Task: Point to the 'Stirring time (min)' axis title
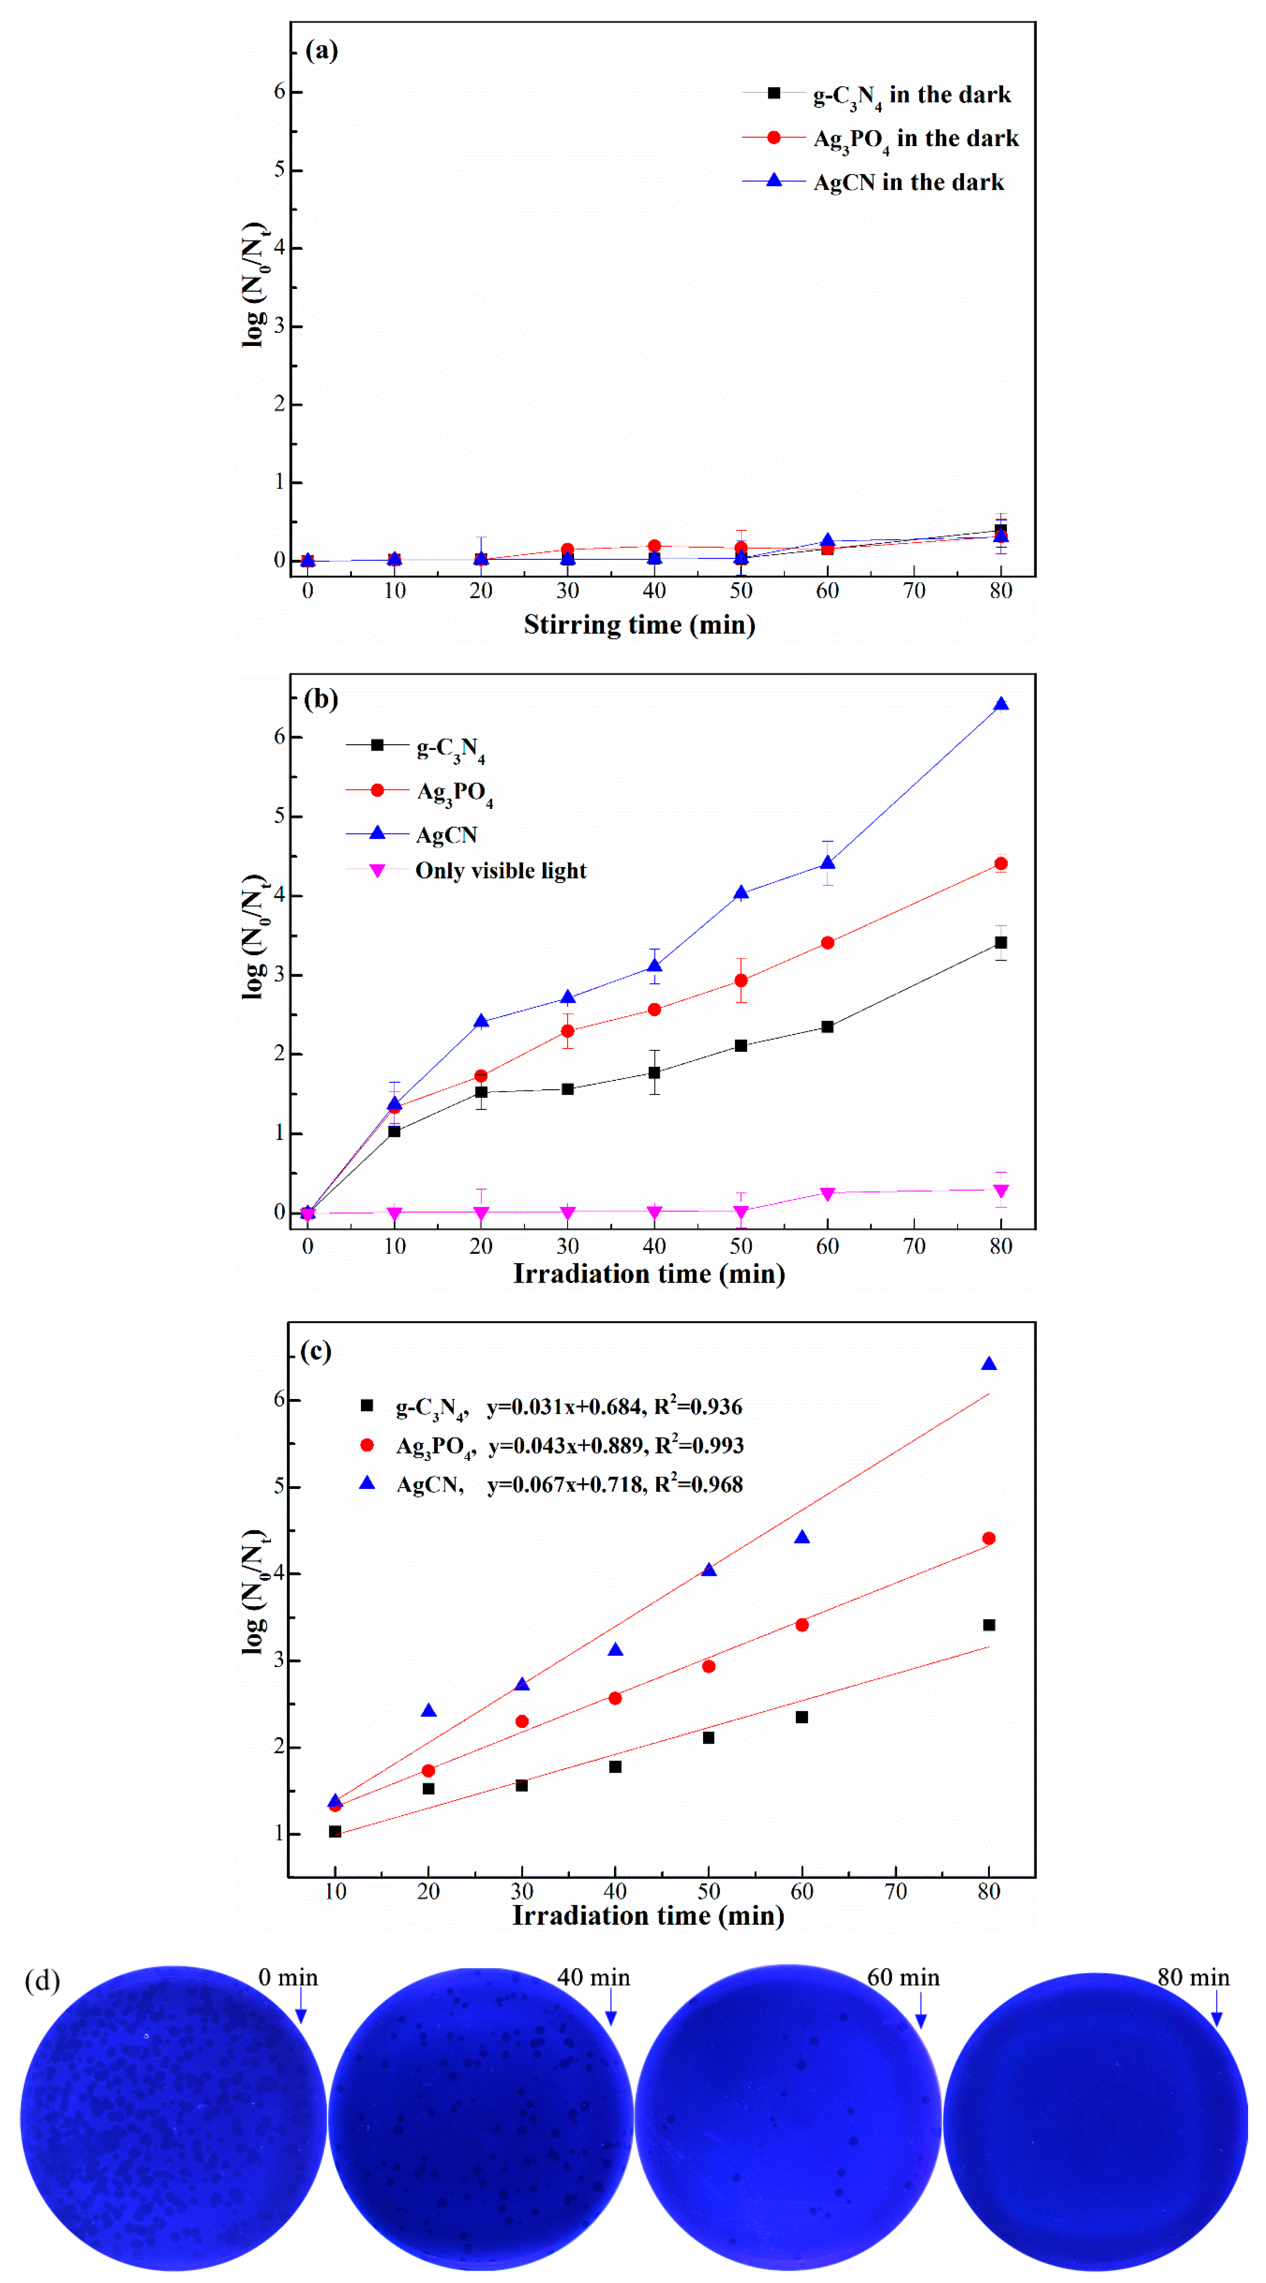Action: tap(639, 625)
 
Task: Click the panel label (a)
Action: tap(321, 51)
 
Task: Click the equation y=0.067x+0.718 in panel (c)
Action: tap(565, 1485)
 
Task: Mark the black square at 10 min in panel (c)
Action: tap(335, 1831)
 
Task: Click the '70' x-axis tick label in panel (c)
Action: tap(895, 1891)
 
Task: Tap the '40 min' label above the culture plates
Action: tap(593, 1977)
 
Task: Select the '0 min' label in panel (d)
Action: tap(287, 1977)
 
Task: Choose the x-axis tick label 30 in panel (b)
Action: tap(568, 1246)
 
